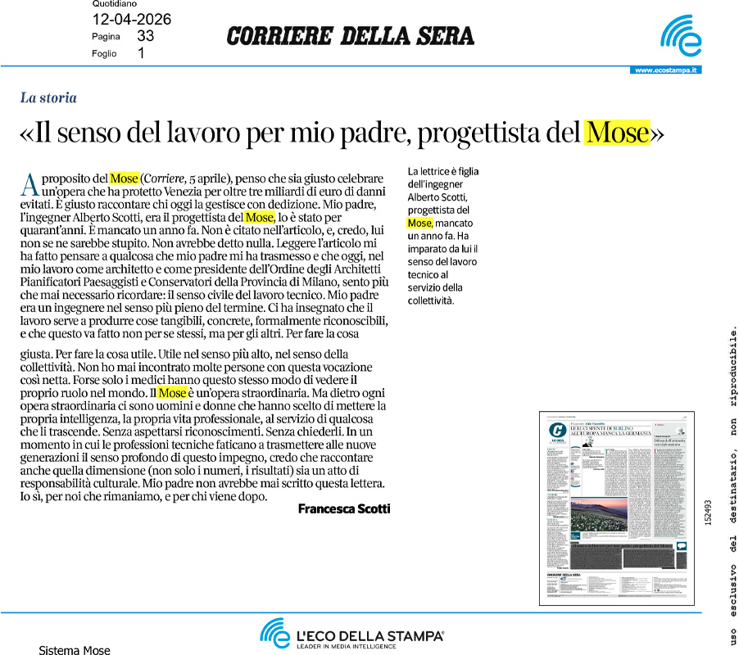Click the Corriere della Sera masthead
(x=350, y=36)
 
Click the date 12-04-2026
(x=132, y=20)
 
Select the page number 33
(x=146, y=36)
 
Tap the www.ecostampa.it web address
(x=665, y=70)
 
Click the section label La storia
(x=48, y=98)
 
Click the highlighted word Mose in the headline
(x=616, y=133)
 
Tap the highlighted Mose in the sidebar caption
(x=419, y=223)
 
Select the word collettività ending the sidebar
(x=430, y=300)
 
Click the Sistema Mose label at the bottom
(x=75, y=650)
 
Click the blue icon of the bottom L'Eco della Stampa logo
(x=274, y=632)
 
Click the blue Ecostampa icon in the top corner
(x=681, y=37)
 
